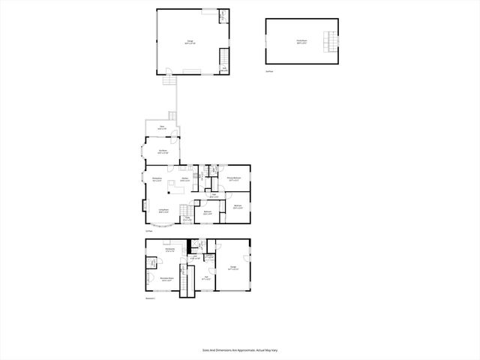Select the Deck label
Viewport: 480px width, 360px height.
(x=162, y=128)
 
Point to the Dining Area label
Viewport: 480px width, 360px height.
(x=157, y=180)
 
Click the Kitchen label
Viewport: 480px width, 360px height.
(x=184, y=178)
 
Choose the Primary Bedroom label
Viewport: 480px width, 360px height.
(x=234, y=178)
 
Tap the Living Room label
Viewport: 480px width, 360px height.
(x=163, y=211)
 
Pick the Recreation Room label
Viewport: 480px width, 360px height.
(x=166, y=279)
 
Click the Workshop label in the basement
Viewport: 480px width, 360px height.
(x=171, y=249)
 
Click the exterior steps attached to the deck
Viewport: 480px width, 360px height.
(x=172, y=116)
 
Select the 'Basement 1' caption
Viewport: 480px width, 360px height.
(x=150, y=298)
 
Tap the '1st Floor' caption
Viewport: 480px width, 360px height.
(x=148, y=231)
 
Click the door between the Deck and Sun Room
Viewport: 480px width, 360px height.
(x=173, y=137)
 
